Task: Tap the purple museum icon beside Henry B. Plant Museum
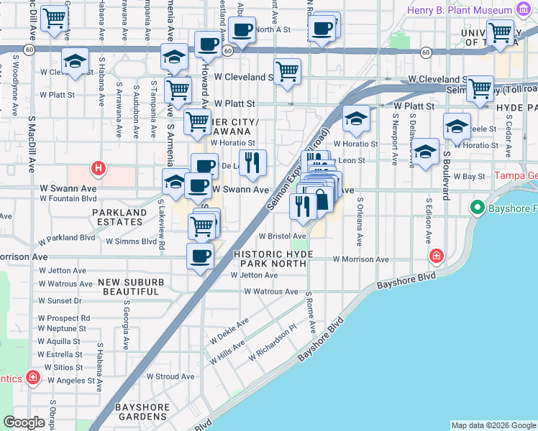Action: (525, 11)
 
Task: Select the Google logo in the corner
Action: (24, 422)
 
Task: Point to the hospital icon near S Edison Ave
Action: (437, 256)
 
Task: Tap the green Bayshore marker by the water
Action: (476, 208)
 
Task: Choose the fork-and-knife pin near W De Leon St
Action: (252, 162)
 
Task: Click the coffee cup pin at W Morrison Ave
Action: (201, 256)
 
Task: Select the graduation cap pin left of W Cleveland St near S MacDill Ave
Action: (75, 62)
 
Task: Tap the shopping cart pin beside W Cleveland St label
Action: (287, 71)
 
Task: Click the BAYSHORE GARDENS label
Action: (143, 412)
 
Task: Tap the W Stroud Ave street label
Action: (170, 376)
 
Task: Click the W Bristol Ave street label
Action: (283, 236)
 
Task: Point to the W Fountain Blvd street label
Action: (68, 198)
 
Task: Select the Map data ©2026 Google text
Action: (493, 425)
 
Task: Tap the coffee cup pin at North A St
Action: (242, 30)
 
